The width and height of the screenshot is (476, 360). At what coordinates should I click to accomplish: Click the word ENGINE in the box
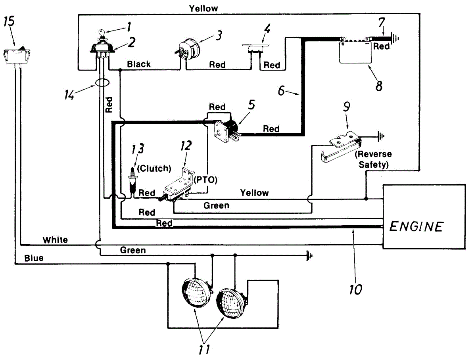[416, 226]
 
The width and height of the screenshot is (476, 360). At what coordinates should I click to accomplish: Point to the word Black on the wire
[139, 64]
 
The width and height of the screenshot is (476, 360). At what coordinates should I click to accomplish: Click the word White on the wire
[55, 240]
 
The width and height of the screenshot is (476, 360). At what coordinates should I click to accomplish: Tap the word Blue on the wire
[34, 258]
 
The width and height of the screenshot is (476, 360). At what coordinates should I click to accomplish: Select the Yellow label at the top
[203, 8]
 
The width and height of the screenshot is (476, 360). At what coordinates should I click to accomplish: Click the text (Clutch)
[154, 168]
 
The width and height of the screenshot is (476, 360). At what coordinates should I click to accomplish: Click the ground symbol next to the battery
[395, 38]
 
